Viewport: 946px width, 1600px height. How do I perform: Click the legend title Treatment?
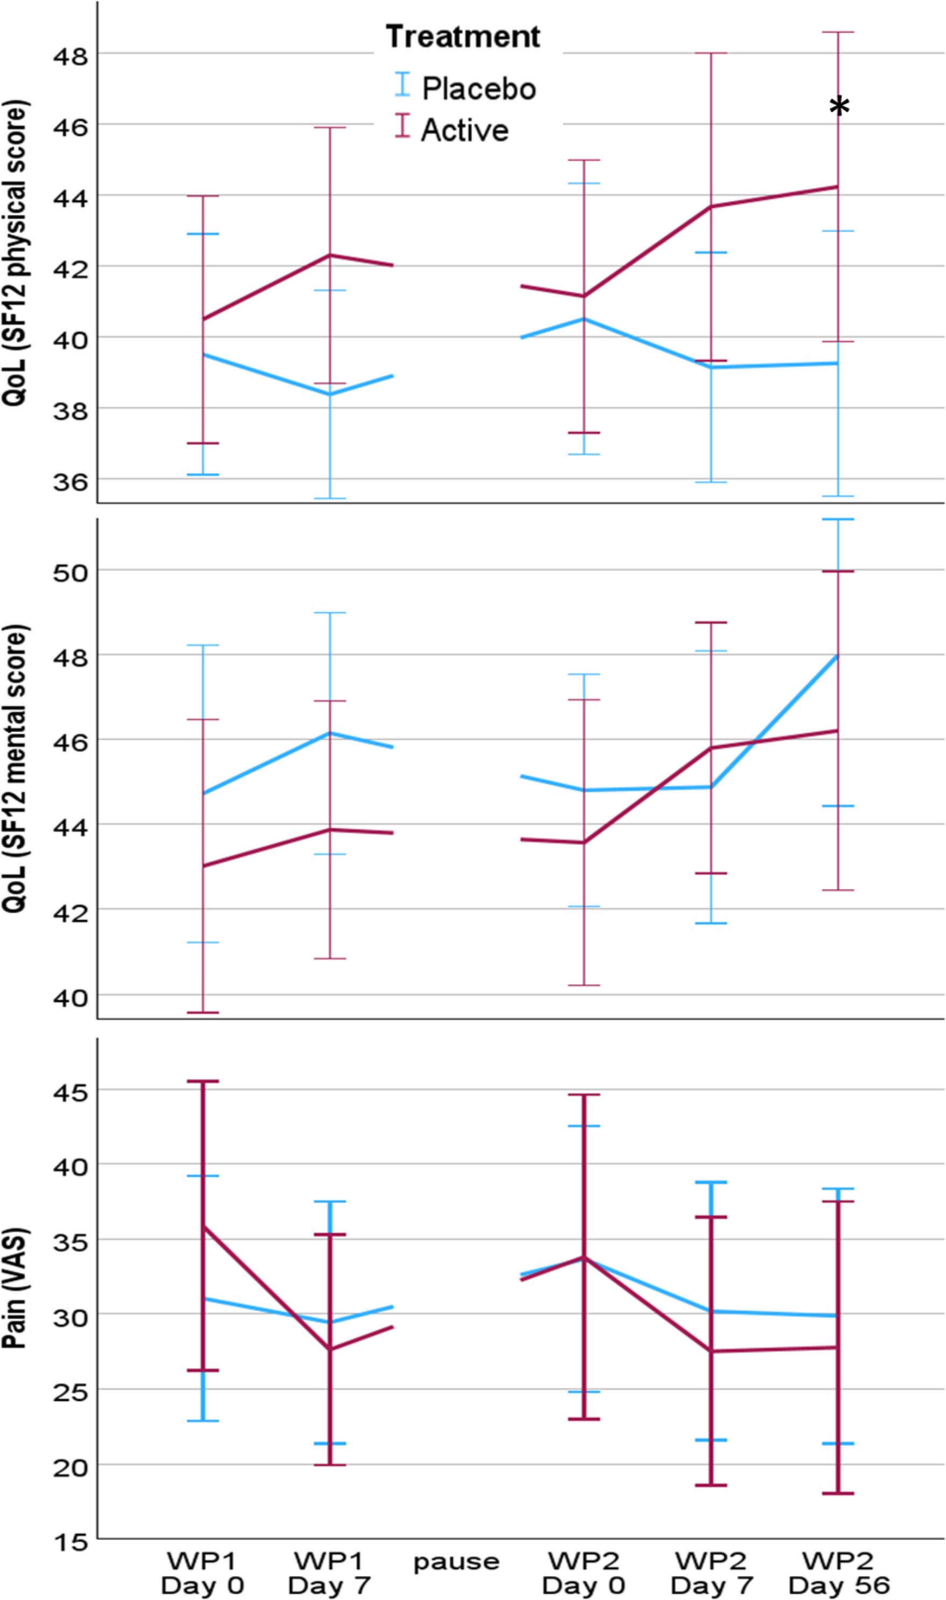pyautogui.click(x=463, y=37)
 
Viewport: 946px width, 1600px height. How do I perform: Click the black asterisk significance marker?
pyautogui.click(x=839, y=107)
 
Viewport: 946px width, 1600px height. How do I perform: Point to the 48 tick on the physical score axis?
pyautogui.click(x=69, y=56)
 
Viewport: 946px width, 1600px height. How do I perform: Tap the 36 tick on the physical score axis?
pyautogui.click(x=69, y=482)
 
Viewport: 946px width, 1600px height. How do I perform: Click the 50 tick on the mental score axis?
pyautogui.click(x=69, y=572)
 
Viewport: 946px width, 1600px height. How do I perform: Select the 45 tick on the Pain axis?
pyautogui.click(x=69, y=1092)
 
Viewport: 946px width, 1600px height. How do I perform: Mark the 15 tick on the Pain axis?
pyautogui.click(x=69, y=1542)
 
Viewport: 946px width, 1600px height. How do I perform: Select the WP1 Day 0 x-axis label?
pyautogui.click(x=202, y=1572)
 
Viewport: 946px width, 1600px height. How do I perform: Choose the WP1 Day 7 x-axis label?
pyautogui.click(x=329, y=1572)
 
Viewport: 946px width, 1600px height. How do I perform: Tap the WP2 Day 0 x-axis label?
pyautogui.click(x=583, y=1572)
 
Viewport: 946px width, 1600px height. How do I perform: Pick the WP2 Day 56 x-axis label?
pyautogui.click(x=838, y=1572)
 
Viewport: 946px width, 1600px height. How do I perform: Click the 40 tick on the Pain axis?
pyautogui.click(x=69, y=1167)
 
